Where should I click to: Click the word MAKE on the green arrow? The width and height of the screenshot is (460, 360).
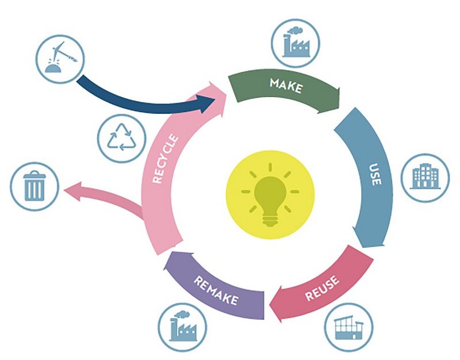pyautogui.click(x=286, y=86)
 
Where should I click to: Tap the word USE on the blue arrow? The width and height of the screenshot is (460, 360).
pyautogui.click(x=375, y=174)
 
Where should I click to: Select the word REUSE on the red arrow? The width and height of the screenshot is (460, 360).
pyautogui.click(x=322, y=289)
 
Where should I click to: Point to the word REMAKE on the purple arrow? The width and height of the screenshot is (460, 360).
pyautogui.click(x=216, y=291)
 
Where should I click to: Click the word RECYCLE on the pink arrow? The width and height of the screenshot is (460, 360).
pyautogui.click(x=166, y=159)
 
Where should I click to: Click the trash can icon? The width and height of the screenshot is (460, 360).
pyautogui.click(x=34, y=186)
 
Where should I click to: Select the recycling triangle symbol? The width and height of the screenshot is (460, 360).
pyautogui.click(x=121, y=137)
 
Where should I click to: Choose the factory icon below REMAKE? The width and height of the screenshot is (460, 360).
pyautogui.click(x=183, y=326)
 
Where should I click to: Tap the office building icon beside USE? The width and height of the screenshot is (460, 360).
pyautogui.click(x=425, y=176)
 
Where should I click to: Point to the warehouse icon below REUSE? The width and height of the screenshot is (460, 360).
pyautogui.click(x=349, y=328)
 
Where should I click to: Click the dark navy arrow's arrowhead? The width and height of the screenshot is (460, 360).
pyautogui.click(x=208, y=104)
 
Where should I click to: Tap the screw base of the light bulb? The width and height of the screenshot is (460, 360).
pyautogui.click(x=270, y=221)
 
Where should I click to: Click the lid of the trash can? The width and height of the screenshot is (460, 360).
pyautogui.click(x=34, y=175)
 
